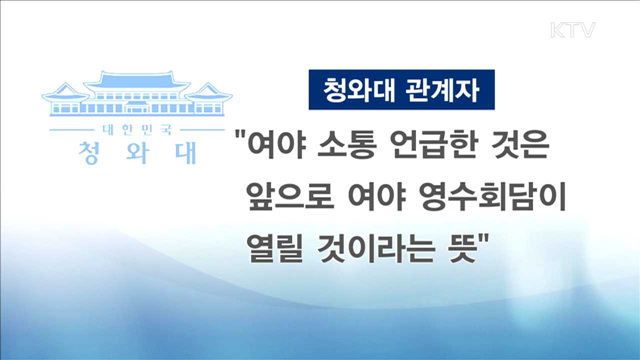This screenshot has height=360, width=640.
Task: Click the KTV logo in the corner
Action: coord(573,30)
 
